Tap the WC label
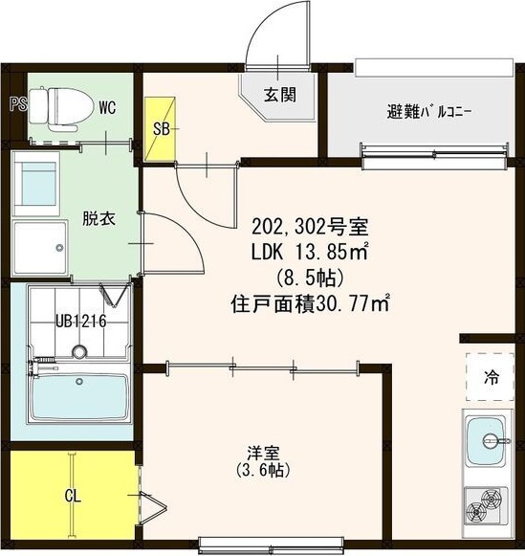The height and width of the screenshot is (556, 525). (x=107, y=107)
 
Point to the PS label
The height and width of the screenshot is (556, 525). (x=18, y=104)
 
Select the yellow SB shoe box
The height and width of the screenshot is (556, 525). (x=160, y=129)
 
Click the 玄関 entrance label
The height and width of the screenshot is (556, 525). (x=280, y=95)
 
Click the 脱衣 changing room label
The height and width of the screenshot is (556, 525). (x=98, y=218)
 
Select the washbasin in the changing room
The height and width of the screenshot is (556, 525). (x=35, y=184)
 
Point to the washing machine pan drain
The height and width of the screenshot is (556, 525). (x=60, y=248)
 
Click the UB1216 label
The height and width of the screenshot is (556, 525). (x=80, y=322)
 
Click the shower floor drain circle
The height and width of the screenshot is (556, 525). (x=79, y=352)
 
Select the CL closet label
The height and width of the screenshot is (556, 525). (x=73, y=496)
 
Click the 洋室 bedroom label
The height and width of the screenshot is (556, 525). (x=263, y=453)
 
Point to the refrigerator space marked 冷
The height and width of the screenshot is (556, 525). (x=491, y=377)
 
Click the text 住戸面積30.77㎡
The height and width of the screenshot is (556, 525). (x=311, y=304)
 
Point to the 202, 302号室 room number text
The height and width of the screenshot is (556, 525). (x=311, y=227)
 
